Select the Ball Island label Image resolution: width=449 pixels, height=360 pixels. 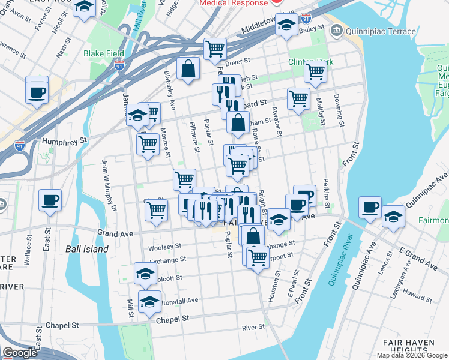click(87, 248)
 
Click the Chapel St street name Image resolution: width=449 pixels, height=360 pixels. click(172, 320)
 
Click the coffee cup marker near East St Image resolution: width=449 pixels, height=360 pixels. click(50, 200)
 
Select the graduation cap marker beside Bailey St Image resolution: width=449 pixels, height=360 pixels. click(286, 26)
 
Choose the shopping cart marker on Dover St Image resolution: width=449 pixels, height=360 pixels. click(214, 49)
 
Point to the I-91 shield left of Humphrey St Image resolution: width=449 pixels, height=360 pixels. click(20, 145)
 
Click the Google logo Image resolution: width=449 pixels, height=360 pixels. click(20, 353)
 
